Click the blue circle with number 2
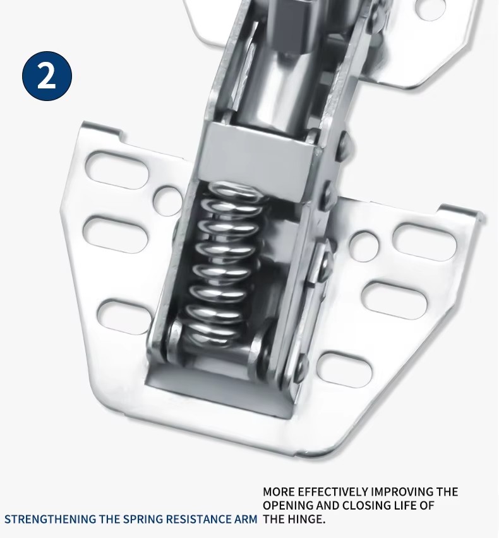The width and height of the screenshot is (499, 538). [x=47, y=76]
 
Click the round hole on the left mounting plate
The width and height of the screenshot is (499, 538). [x=167, y=201]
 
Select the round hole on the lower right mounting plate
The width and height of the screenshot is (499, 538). [x=365, y=246]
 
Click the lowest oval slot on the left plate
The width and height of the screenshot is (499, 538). [x=124, y=319]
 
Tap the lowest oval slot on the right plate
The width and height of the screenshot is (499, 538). [x=344, y=369]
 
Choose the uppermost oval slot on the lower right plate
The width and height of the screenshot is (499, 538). [x=425, y=242]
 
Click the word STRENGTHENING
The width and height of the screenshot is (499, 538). [x=50, y=519]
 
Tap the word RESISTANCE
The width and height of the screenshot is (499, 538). [x=200, y=519]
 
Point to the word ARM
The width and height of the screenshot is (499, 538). [x=245, y=519]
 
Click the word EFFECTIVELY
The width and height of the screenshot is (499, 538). [x=333, y=492]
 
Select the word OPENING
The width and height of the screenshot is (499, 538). [x=287, y=505]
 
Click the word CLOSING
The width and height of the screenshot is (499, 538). [x=368, y=505]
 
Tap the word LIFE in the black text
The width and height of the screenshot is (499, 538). [x=408, y=505]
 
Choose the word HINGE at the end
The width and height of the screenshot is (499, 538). [x=306, y=519]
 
